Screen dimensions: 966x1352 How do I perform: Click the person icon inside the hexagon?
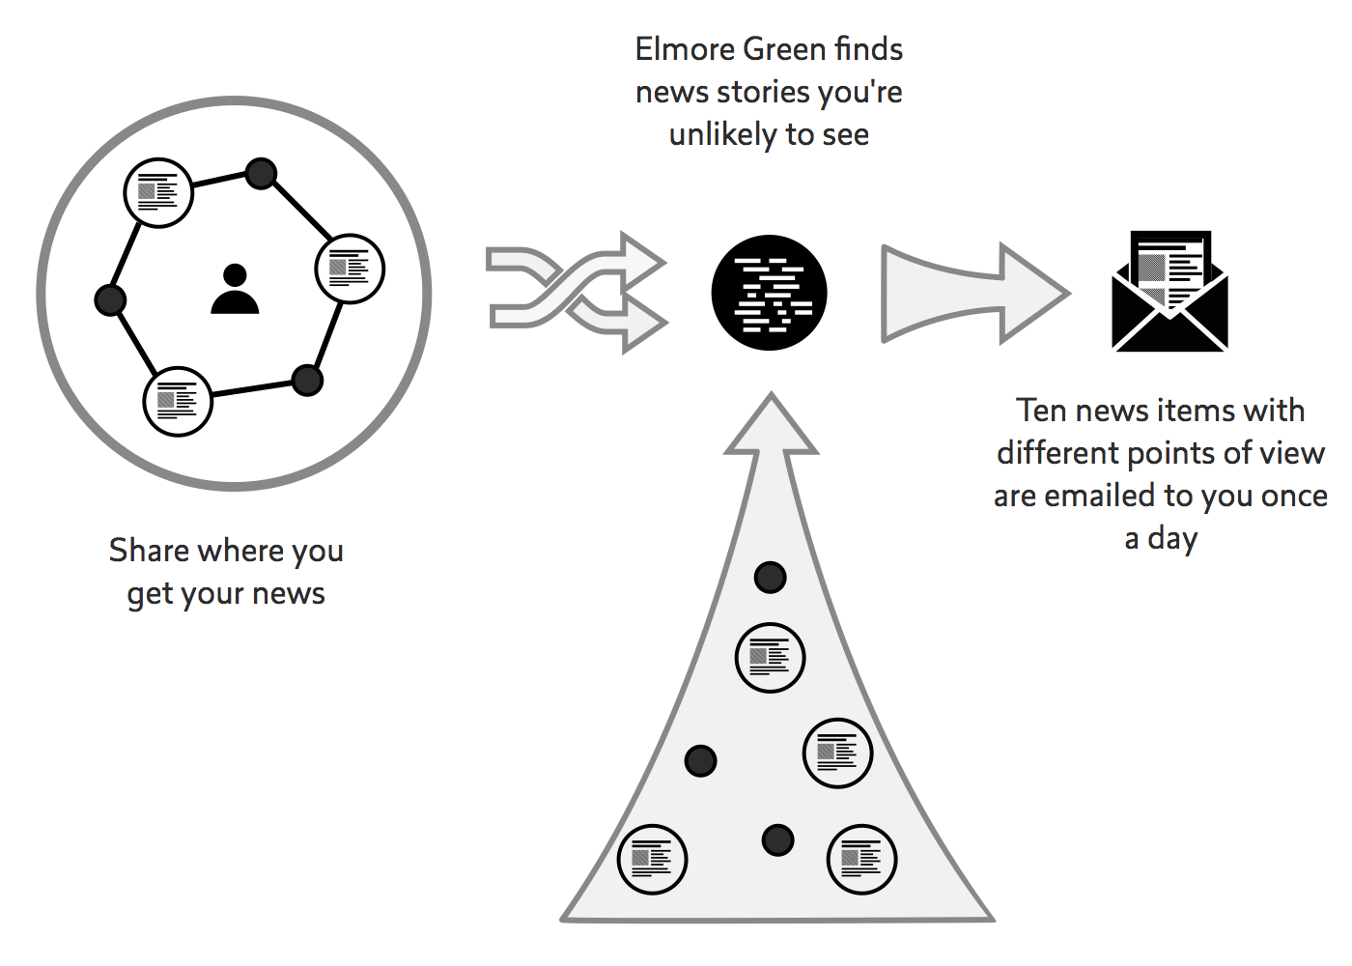click(x=235, y=290)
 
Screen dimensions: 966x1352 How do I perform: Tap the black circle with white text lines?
click(x=769, y=293)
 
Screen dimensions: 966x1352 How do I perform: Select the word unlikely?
click(x=722, y=134)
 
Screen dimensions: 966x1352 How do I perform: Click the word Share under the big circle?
click(x=149, y=551)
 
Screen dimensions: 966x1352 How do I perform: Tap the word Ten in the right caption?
click(x=1042, y=411)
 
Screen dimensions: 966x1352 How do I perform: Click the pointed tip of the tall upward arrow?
click(x=771, y=397)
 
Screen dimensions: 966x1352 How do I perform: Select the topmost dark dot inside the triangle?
click(x=770, y=578)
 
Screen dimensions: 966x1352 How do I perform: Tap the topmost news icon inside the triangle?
click(x=770, y=658)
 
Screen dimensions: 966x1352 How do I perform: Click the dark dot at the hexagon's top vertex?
click(x=261, y=174)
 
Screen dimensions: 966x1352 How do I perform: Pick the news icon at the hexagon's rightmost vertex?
click(x=350, y=269)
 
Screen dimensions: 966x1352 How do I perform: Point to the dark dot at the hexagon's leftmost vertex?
click(x=110, y=299)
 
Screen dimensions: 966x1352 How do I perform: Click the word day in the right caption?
click(x=1173, y=538)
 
